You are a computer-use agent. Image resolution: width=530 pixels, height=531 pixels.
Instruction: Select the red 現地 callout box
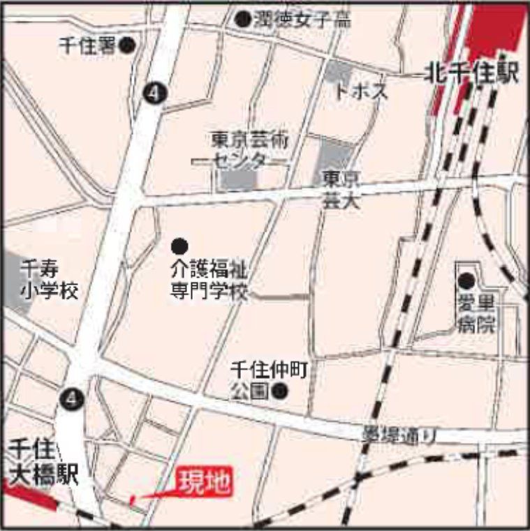click(204, 482)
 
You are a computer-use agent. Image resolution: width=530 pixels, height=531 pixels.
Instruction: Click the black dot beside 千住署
click(127, 46)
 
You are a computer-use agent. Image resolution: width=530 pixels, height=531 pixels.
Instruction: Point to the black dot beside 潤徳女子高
click(242, 20)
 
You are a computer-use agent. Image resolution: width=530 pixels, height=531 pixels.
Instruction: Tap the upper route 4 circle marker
click(153, 93)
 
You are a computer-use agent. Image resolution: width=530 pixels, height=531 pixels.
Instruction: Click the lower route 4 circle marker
click(72, 398)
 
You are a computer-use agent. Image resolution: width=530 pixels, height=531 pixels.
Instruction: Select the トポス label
click(360, 92)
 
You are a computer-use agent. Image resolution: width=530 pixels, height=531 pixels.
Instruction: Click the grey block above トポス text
click(339, 71)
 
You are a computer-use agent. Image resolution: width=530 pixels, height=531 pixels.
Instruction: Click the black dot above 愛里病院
click(466, 281)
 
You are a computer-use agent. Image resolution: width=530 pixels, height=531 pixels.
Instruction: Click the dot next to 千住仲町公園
click(281, 391)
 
